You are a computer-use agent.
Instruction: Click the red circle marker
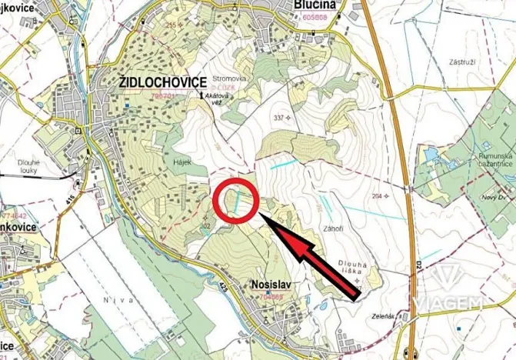coord(236,201)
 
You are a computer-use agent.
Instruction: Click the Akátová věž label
coord(217,99)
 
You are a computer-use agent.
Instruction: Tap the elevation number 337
coord(278,118)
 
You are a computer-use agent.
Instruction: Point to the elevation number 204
coord(377,196)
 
